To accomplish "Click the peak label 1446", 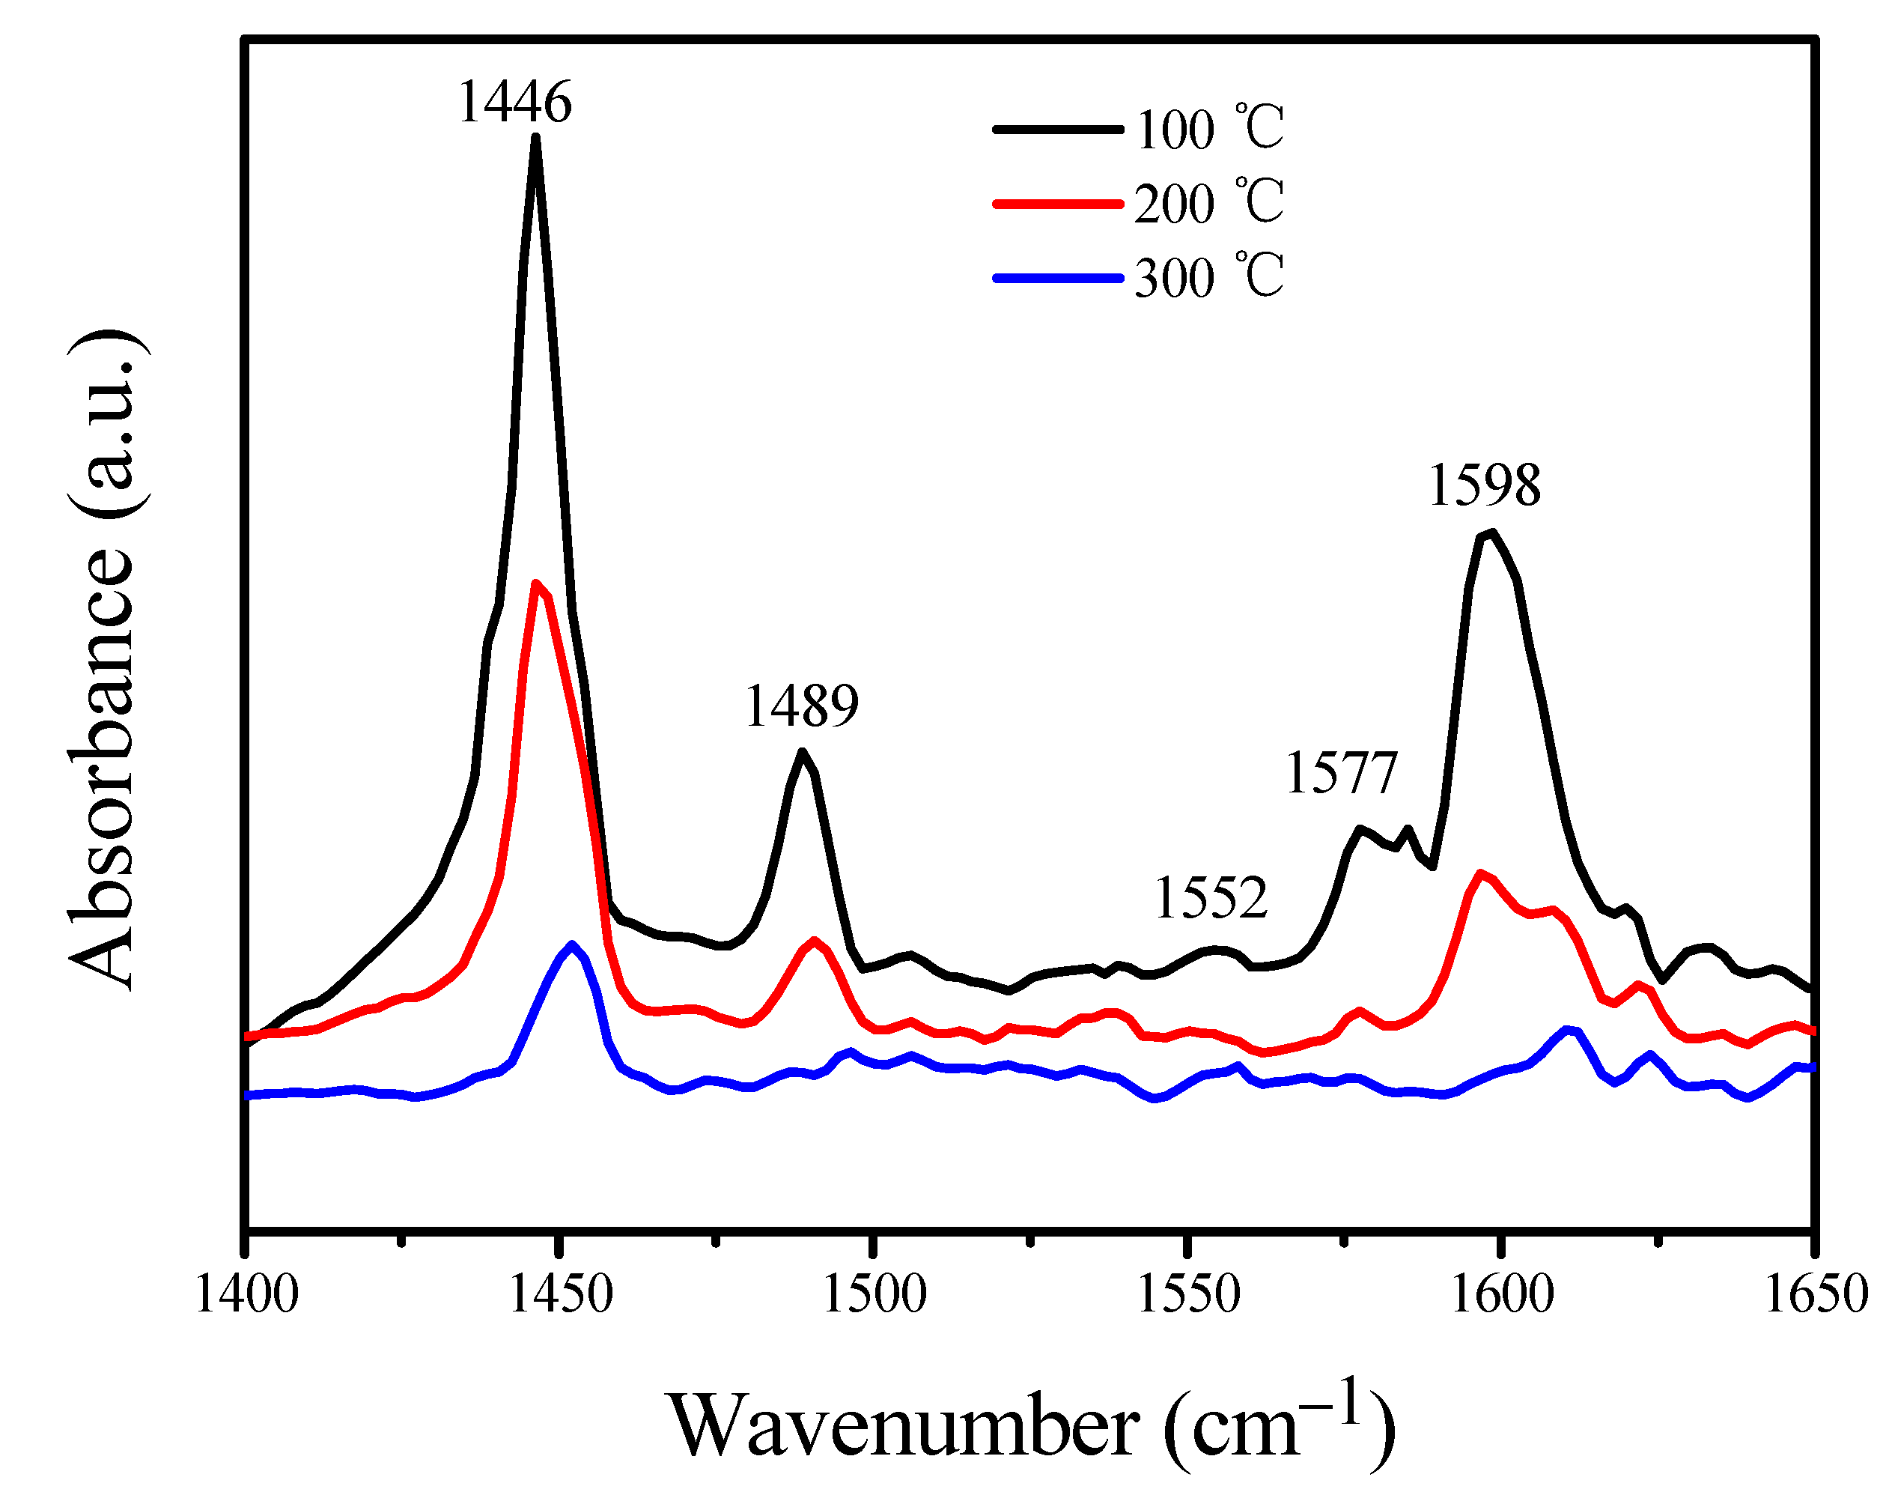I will [514, 102].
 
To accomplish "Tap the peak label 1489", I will [801, 706].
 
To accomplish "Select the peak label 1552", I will [1210, 898].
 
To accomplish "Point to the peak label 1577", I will [1340, 772].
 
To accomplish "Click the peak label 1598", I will [1484, 485].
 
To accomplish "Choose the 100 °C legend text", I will [1209, 130].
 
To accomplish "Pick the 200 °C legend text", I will [1209, 204].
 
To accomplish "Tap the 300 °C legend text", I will [1209, 278].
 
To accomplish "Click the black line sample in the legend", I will [1058, 130].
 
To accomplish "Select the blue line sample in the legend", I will [1058, 279].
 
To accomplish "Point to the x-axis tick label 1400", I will [247, 1294].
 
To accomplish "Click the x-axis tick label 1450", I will [561, 1294].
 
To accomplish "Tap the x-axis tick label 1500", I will [874, 1294].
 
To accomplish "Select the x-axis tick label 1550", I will [1188, 1294].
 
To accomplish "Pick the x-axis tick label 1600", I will [1501, 1294].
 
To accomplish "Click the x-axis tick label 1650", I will [1815, 1294].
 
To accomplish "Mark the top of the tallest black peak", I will [536, 136].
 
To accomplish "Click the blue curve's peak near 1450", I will [571, 944].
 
